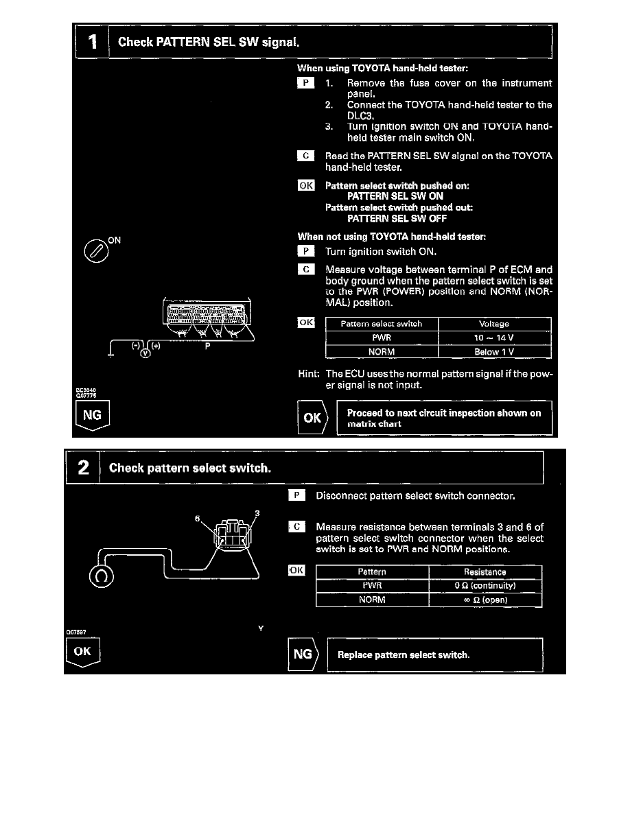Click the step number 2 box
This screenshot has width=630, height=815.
[x=83, y=468]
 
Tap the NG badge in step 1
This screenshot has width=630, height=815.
[x=92, y=416]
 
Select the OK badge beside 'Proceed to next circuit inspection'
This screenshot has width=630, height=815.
[x=312, y=418]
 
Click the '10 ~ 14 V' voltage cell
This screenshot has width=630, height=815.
[x=494, y=338]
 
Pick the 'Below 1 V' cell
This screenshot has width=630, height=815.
[x=494, y=352]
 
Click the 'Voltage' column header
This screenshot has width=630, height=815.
[x=494, y=324]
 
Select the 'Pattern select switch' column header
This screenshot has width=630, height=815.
[x=381, y=324]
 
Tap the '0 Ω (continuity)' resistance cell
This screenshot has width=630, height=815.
[x=485, y=586]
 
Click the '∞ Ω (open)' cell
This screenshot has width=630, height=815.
[x=485, y=600]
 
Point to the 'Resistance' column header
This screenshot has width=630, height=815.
[x=485, y=571]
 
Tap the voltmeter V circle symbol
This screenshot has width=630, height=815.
[x=145, y=353]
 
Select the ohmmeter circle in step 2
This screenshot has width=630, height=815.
[x=101, y=577]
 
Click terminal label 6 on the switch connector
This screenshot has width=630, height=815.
[x=198, y=519]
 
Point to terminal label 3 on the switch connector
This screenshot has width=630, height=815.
[x=257, y=512]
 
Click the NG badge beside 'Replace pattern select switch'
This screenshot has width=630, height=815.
[x=302, y=654]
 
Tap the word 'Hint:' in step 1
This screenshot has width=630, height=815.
[x=309, y=374]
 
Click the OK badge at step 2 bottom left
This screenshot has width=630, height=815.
[x=82, y=652]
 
